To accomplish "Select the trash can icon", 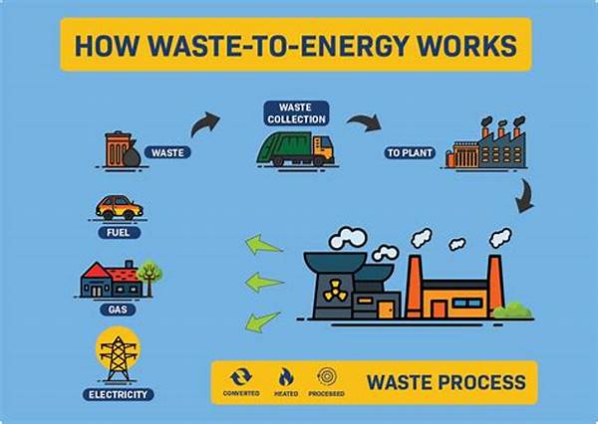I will click(118, 148).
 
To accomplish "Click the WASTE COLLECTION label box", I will click(297, 111).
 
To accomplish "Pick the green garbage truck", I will click(293, 149).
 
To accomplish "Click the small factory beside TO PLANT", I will click(489, 145).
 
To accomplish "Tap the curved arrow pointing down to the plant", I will click(522, 198).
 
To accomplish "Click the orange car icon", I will click(119, 207).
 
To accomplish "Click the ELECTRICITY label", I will click(118, 394).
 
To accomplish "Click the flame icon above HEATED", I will click(286, 377).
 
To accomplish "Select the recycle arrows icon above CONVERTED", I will click(240, 377).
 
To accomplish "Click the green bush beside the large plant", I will click(512, 310).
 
